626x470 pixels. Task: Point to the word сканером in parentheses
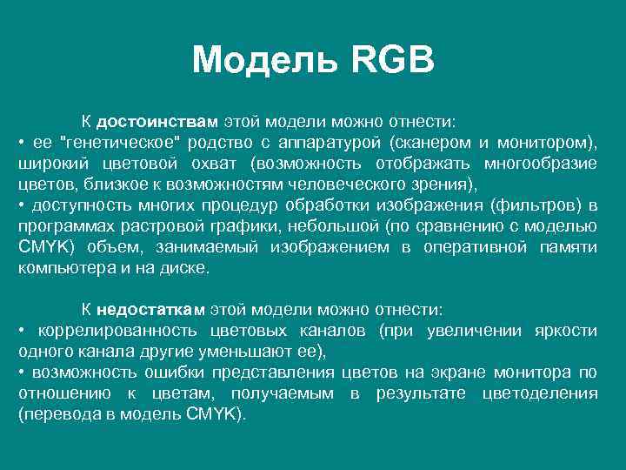click(x=435, y=142)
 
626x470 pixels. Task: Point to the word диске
click(x=188, y=268)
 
